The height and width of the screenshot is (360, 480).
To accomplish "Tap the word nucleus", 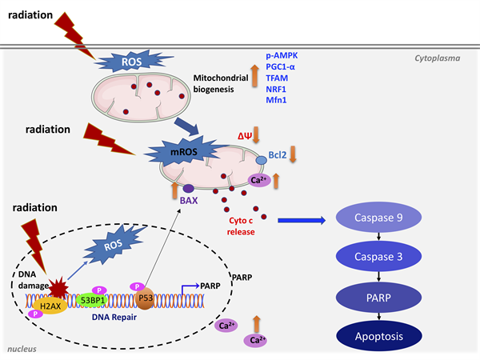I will click(x=22, y=350).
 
